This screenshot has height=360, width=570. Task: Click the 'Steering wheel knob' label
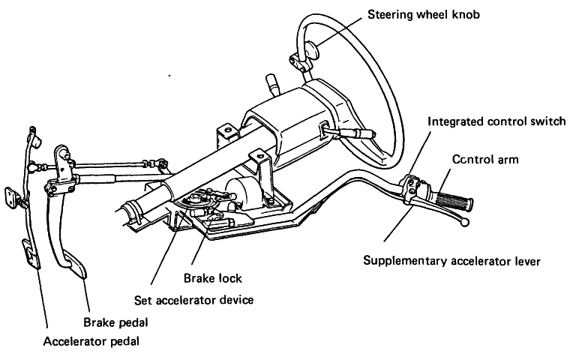[x=427, y=14]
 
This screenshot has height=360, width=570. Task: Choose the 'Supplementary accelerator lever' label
[x=451, y=261]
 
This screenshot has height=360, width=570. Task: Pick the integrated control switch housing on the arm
[x=414, y=189]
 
